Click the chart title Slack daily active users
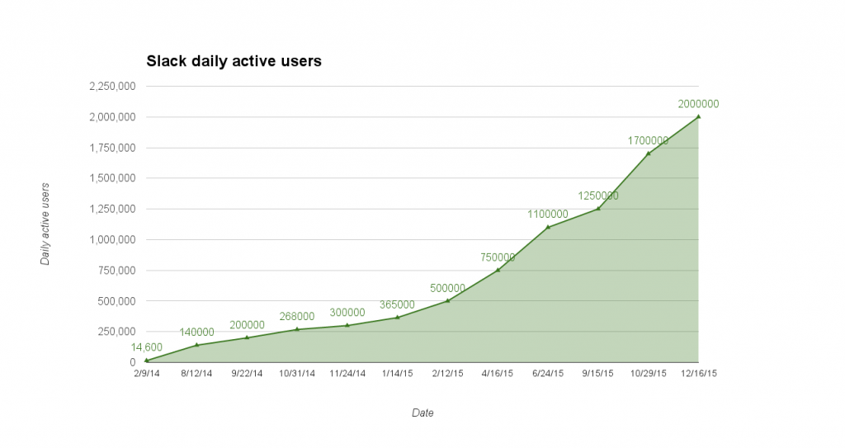(234, 61)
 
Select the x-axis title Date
(422, 413)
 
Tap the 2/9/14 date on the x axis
(146, 373)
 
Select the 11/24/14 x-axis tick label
(347, 373)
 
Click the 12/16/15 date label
(699, 373)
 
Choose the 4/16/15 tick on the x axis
(498, 373)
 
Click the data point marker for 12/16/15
(699, 116)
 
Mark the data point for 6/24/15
(548, 227)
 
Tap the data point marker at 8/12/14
(196, 345)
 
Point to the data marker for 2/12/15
(447, 300)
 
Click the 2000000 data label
(699, 104)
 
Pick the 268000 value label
(297, 316)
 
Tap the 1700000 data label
(648, 140)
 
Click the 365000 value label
(398, 304)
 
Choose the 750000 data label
(498, 257)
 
